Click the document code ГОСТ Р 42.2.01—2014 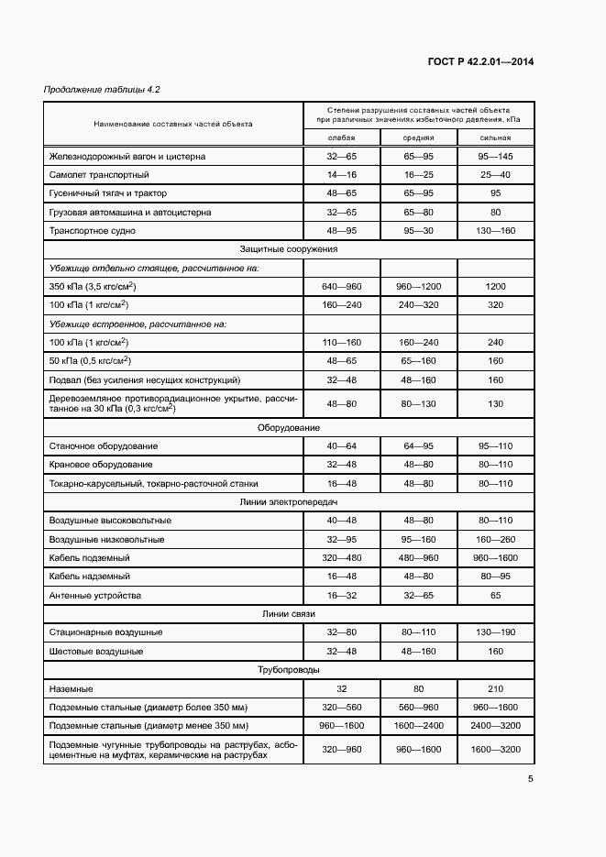coord(480,62)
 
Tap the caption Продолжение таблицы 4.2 coord(102,89)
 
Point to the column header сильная coord(495,137)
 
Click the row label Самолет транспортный coord(99,175)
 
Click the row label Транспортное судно coord(92,231)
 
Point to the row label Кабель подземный coord(89,557)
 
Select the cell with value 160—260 coord(495,539)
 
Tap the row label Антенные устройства coord(95,595)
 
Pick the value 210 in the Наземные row coord(495,688)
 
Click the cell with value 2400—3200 coord(495,725)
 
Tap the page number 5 coord(531,780)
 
